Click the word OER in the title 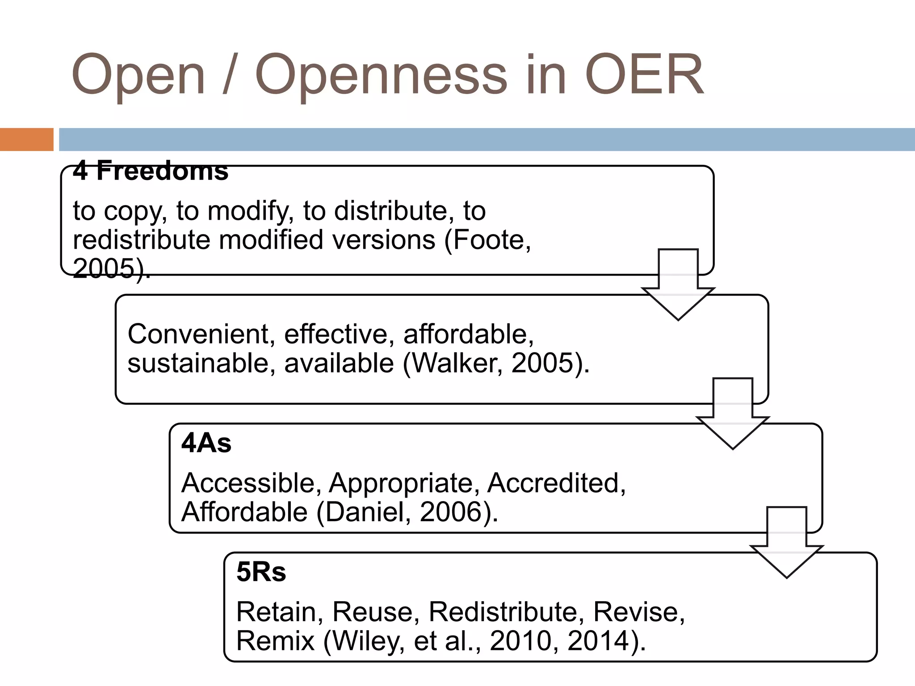coord(644,75)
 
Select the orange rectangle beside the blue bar coord(26,139)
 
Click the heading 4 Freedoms coord(151,171)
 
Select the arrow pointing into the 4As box coord(733,413)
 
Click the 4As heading coord(206,443)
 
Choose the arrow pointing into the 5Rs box coord(786,542)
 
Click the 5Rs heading coord(261,572)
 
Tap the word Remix coord(276,641)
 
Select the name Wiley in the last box coord(368,641)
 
